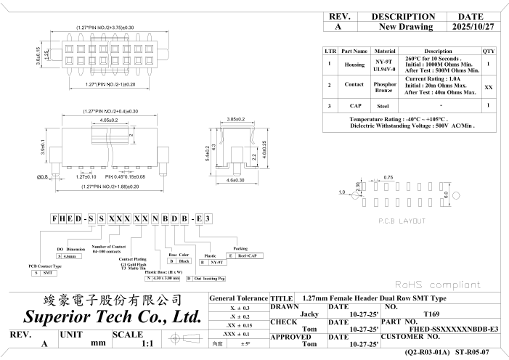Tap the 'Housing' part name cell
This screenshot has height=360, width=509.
click(354, 65)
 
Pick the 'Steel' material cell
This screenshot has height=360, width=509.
click(384, 106)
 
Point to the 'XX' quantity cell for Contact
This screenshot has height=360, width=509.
click(489, 86)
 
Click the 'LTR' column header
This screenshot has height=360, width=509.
click(330, 52)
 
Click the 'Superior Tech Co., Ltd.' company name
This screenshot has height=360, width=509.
click(112, 317)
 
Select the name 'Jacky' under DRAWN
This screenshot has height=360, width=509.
click(310, 314)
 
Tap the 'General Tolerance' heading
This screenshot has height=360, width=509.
click(238, 298)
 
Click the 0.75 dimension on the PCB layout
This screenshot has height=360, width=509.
click(388, 177)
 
